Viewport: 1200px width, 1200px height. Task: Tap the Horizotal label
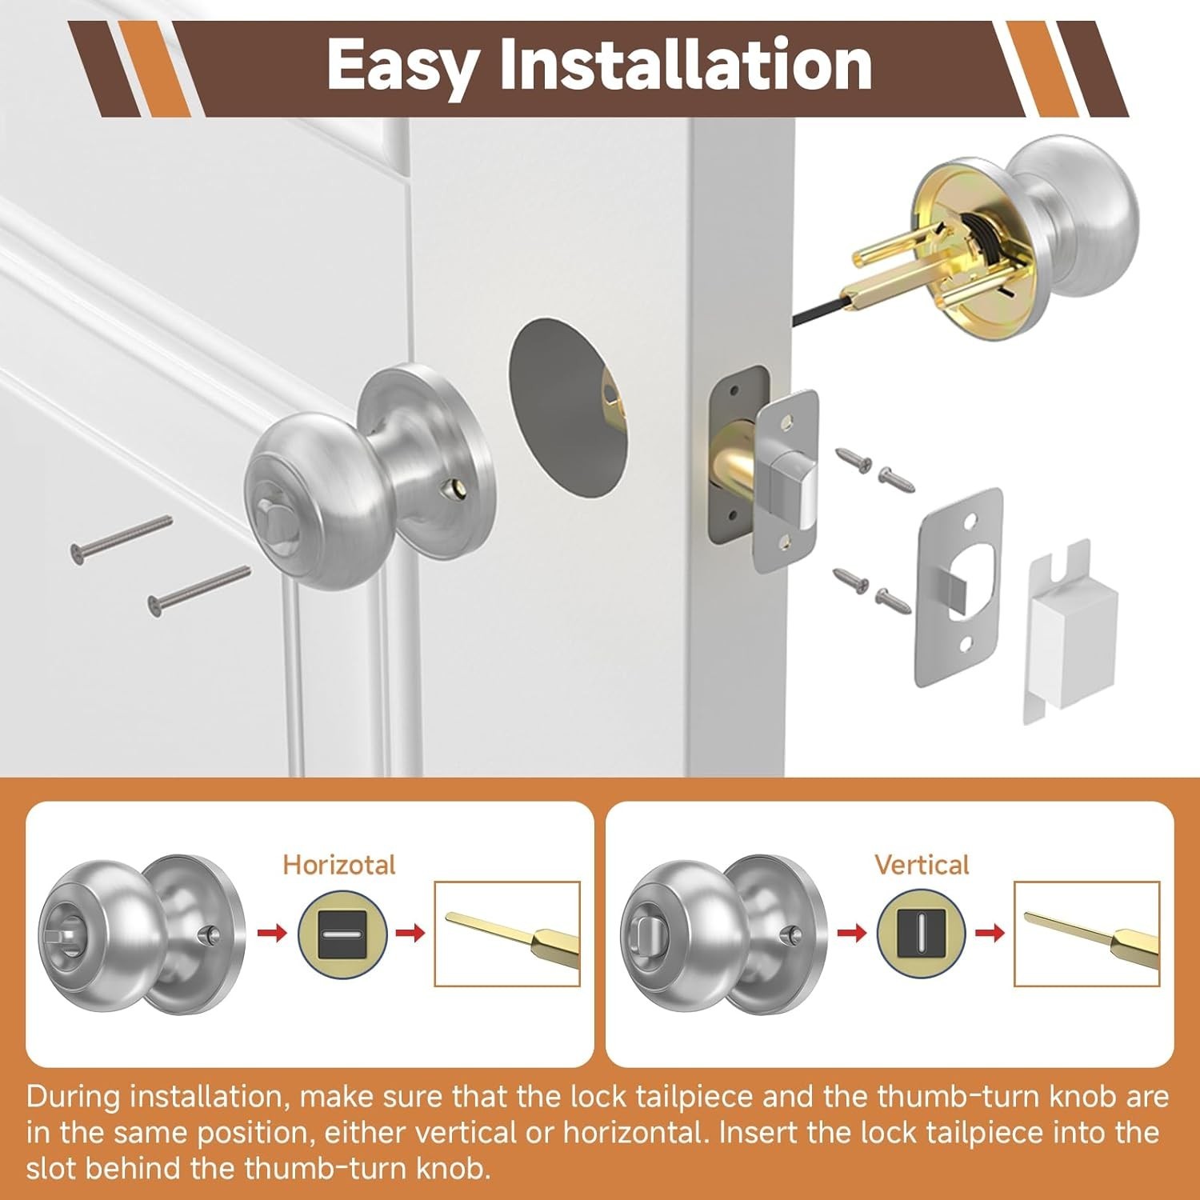point(339,865)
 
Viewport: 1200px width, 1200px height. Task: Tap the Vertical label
point(922,865)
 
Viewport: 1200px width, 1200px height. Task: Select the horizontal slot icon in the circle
point(342,934)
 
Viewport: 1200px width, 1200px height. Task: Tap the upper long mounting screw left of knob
point(122,539)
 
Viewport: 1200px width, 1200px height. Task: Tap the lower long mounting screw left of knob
point(199,590)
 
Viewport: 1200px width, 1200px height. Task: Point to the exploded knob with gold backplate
point(1000,237)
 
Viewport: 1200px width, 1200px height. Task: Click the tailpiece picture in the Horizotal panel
point(506,934)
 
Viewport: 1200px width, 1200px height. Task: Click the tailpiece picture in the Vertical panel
point(1086,934)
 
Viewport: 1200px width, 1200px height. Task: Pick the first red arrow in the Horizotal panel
point(272,933)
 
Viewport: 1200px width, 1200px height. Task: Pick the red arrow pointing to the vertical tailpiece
point(990,933)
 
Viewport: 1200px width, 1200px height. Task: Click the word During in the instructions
point(73,1096)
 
